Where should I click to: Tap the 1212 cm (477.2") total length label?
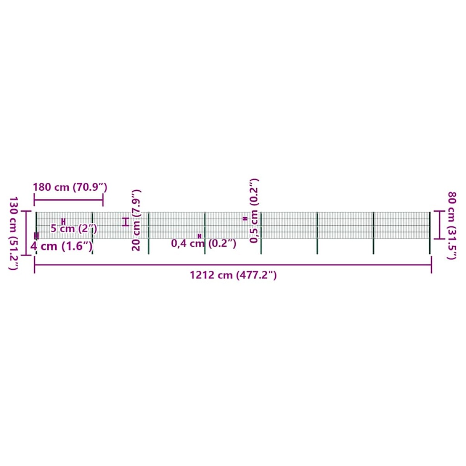click(x=233, y=275)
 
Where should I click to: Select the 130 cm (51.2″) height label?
click(x=14, y=233)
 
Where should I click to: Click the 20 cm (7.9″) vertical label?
click(x=136, y=220)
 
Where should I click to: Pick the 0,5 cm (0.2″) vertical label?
click(x=254, y=210)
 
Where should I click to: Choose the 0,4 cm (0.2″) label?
click(x=203, y=243)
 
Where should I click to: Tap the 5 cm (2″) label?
click(x=74, y=228)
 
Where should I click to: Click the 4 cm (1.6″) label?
click(x=61, y=247)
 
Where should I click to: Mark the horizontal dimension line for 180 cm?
click(x=68, y=200)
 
